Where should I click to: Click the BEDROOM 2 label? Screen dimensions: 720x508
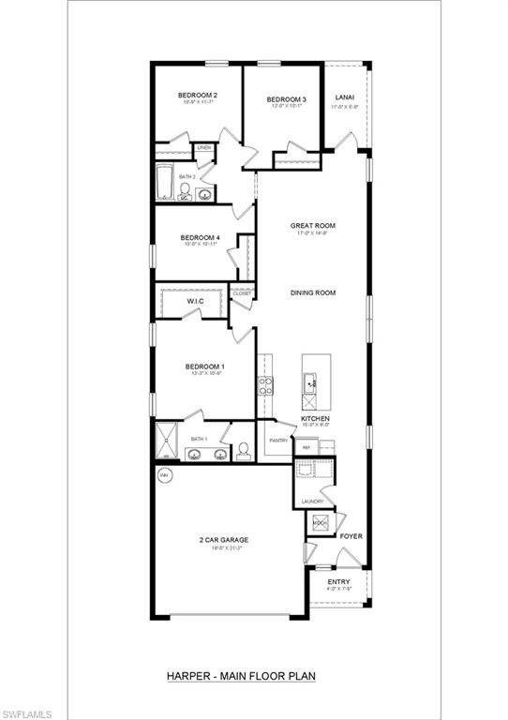point(198,96)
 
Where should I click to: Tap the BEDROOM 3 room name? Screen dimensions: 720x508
point(286,100)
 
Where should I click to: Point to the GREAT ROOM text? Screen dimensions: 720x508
point(312,226)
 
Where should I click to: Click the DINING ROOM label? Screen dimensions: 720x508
point(312,293)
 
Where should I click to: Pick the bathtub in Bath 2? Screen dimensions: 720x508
point(164,182)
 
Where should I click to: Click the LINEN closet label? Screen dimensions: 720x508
point(203,147)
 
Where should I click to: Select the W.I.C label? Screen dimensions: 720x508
point(196,302)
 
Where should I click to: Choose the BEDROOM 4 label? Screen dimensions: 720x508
point(200,238)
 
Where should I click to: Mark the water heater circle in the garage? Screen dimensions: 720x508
point(164,474)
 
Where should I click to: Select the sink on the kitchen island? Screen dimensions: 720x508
point(311,381)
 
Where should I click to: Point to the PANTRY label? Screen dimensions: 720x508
point(278,440)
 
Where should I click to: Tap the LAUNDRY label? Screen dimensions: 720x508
point(312,502)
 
